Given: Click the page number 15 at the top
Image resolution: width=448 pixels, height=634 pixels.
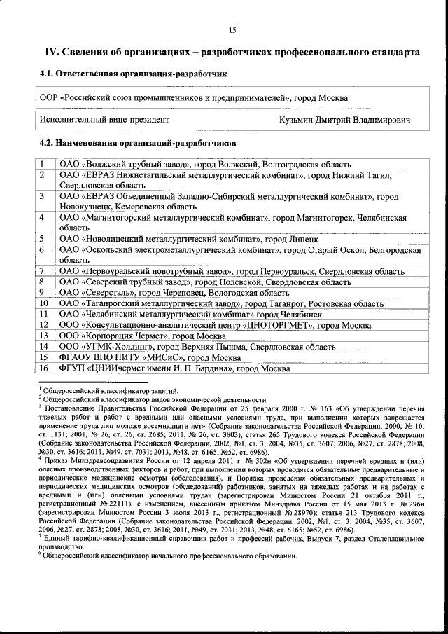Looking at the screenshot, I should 232,29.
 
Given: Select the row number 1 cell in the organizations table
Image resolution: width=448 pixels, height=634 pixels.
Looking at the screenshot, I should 43,165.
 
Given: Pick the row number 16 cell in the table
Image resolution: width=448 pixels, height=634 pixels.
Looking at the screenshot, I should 43,368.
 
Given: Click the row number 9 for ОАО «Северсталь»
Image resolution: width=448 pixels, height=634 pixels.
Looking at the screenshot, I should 43,292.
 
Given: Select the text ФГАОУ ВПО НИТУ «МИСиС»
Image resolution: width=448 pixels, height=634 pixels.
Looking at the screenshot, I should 115,357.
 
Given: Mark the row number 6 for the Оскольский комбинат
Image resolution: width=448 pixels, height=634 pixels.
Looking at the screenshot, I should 43,249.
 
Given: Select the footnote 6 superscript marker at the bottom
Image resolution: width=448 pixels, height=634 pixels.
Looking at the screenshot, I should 40,554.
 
